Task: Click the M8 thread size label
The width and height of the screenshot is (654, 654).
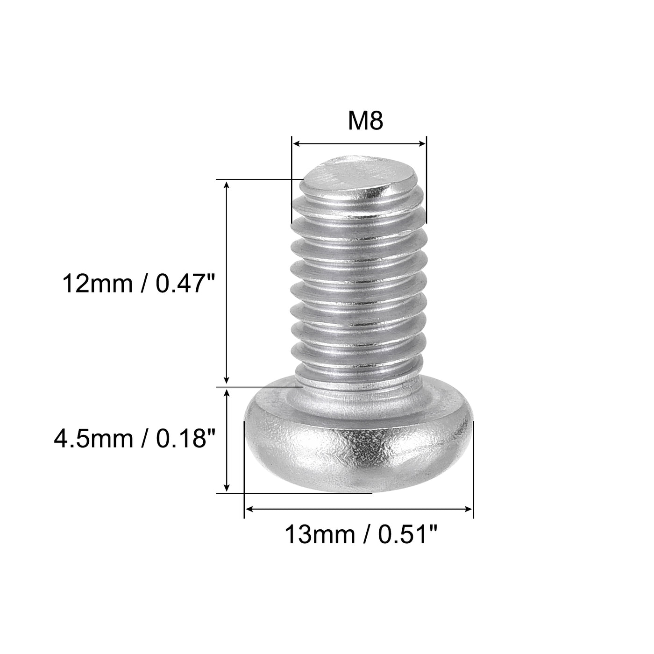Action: coord(365,121)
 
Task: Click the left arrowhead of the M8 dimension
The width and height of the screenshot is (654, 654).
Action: coord(295,144)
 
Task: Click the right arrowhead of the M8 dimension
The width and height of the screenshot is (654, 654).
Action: coord(423,144)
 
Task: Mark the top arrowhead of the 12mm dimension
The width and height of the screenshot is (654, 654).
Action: coord(227,185)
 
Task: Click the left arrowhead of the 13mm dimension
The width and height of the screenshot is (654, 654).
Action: coord(249,509)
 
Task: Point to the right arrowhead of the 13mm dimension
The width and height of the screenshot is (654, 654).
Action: coord(469,509)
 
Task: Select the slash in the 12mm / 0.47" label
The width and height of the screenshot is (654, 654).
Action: coord(143,284)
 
